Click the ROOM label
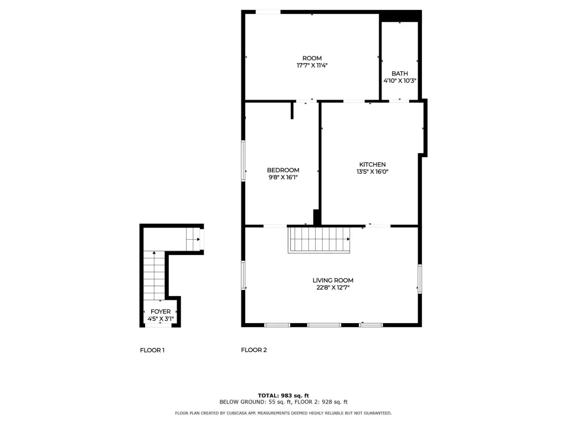pyautogui.click(x=312, y=58)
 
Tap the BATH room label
pyautogui.click(x=400, y=74)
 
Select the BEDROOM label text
pyautogui.click(x=283, y=170)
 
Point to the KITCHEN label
pyautogui.click(x=373, y=164)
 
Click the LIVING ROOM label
pyautogui.click(x=333, y=281)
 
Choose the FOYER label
pyautogui.click(x=161, y=312)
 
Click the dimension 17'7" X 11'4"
pyautogui.click(x=312, y=65)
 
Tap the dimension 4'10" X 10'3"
pyautogui.click(x=400, y=81)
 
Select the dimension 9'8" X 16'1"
pyautogui.click(x=283, y=178)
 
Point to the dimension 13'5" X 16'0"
pyautogui.click(x=373, y=172)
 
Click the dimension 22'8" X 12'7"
pyautogui.click(x=333, y=288)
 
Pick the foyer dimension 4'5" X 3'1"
pyautogui.click(x=161, y=319)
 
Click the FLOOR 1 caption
pyautogui.click(x=152, y=350)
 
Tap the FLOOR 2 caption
pyautogui.click(x=254, y=350)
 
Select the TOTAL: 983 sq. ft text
pyautogui.click(x=283, y=396)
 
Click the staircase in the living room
pyautogui.click(x=319, y=240)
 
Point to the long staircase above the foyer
pyautogui.click(x=154, y=276)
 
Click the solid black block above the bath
pyautogui.click(x=400, y=16)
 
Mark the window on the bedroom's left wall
pyautogui.click(x=244, y=160)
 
